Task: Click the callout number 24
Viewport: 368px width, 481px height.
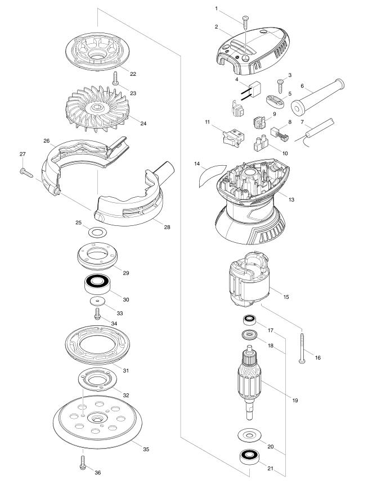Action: (x=143, y=123)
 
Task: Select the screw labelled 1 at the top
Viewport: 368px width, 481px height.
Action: (x=245, y=22)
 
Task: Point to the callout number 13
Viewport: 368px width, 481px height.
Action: (x=291, y=199)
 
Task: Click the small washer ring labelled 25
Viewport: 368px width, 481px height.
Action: (x=97, y=232)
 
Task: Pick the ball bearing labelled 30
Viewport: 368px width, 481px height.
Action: (x=98, y=284)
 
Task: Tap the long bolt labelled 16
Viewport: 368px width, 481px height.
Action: (x=302, y=348)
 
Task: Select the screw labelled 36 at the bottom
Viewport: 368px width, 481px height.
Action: (x=82, y=462)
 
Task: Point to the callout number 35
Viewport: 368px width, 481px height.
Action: (x=146, y=449)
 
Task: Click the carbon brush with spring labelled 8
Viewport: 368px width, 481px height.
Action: (x=280, y=133)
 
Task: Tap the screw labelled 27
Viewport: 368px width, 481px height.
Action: (x=26, y=173)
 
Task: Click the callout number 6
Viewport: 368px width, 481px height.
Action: (x=302, y=86)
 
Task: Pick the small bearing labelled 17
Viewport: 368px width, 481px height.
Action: (x=249, y=320)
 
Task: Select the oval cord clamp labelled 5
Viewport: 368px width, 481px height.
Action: (x=275, y=102)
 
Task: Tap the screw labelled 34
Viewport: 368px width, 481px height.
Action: (x=98, y=314)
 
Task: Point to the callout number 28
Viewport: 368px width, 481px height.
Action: (x=167, y=228)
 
